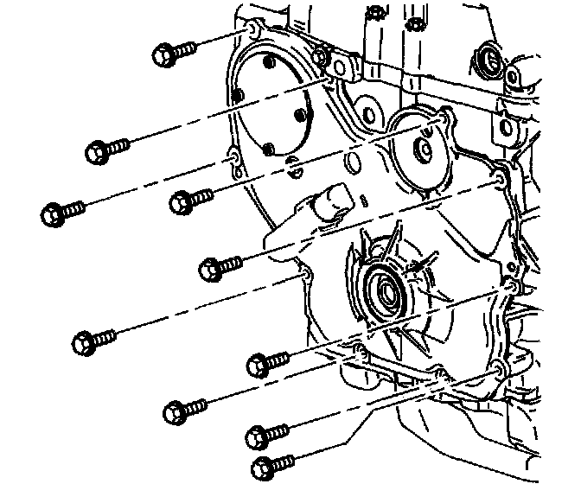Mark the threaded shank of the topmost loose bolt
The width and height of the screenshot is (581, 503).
(x=185, y=50)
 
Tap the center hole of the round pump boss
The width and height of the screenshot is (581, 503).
(x=425, y=150)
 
